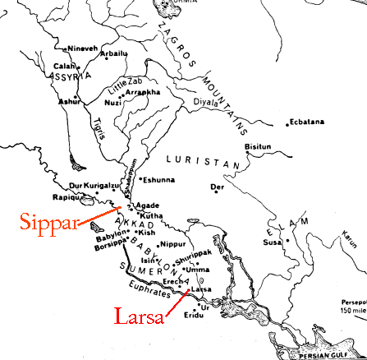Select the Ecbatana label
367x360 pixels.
pyautogui.click(x=309, y=122)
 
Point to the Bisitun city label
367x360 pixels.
pyautogui.click(x=259, y=146)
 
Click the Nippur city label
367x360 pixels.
pyautogui.click(x=174, y=244)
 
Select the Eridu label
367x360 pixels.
pyautogui.click(x=194, y=314)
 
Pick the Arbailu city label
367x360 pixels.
pyautogui.click(x=113, y=53)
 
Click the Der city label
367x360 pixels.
pyautogui.click(x=217, y=187)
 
